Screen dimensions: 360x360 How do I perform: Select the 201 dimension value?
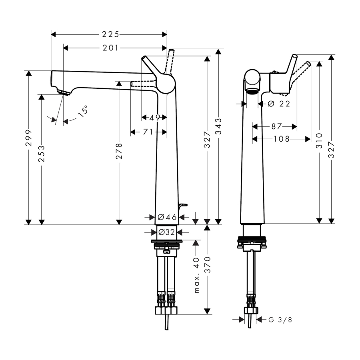click(111, 48)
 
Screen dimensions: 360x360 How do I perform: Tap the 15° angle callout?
click(83, 111)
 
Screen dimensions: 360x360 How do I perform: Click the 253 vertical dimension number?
click(42, 153)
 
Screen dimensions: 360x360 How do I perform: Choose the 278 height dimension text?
click(119, 151)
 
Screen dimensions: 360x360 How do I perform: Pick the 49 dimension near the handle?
click(154, 118)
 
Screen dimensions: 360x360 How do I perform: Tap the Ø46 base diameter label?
click(167, 217)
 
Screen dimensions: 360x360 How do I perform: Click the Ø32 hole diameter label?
click(166, 232)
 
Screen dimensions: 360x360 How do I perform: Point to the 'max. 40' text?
click(196, 276)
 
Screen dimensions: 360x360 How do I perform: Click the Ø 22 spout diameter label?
click(278, 104)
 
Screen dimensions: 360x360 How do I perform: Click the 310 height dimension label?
click(319, 140)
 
